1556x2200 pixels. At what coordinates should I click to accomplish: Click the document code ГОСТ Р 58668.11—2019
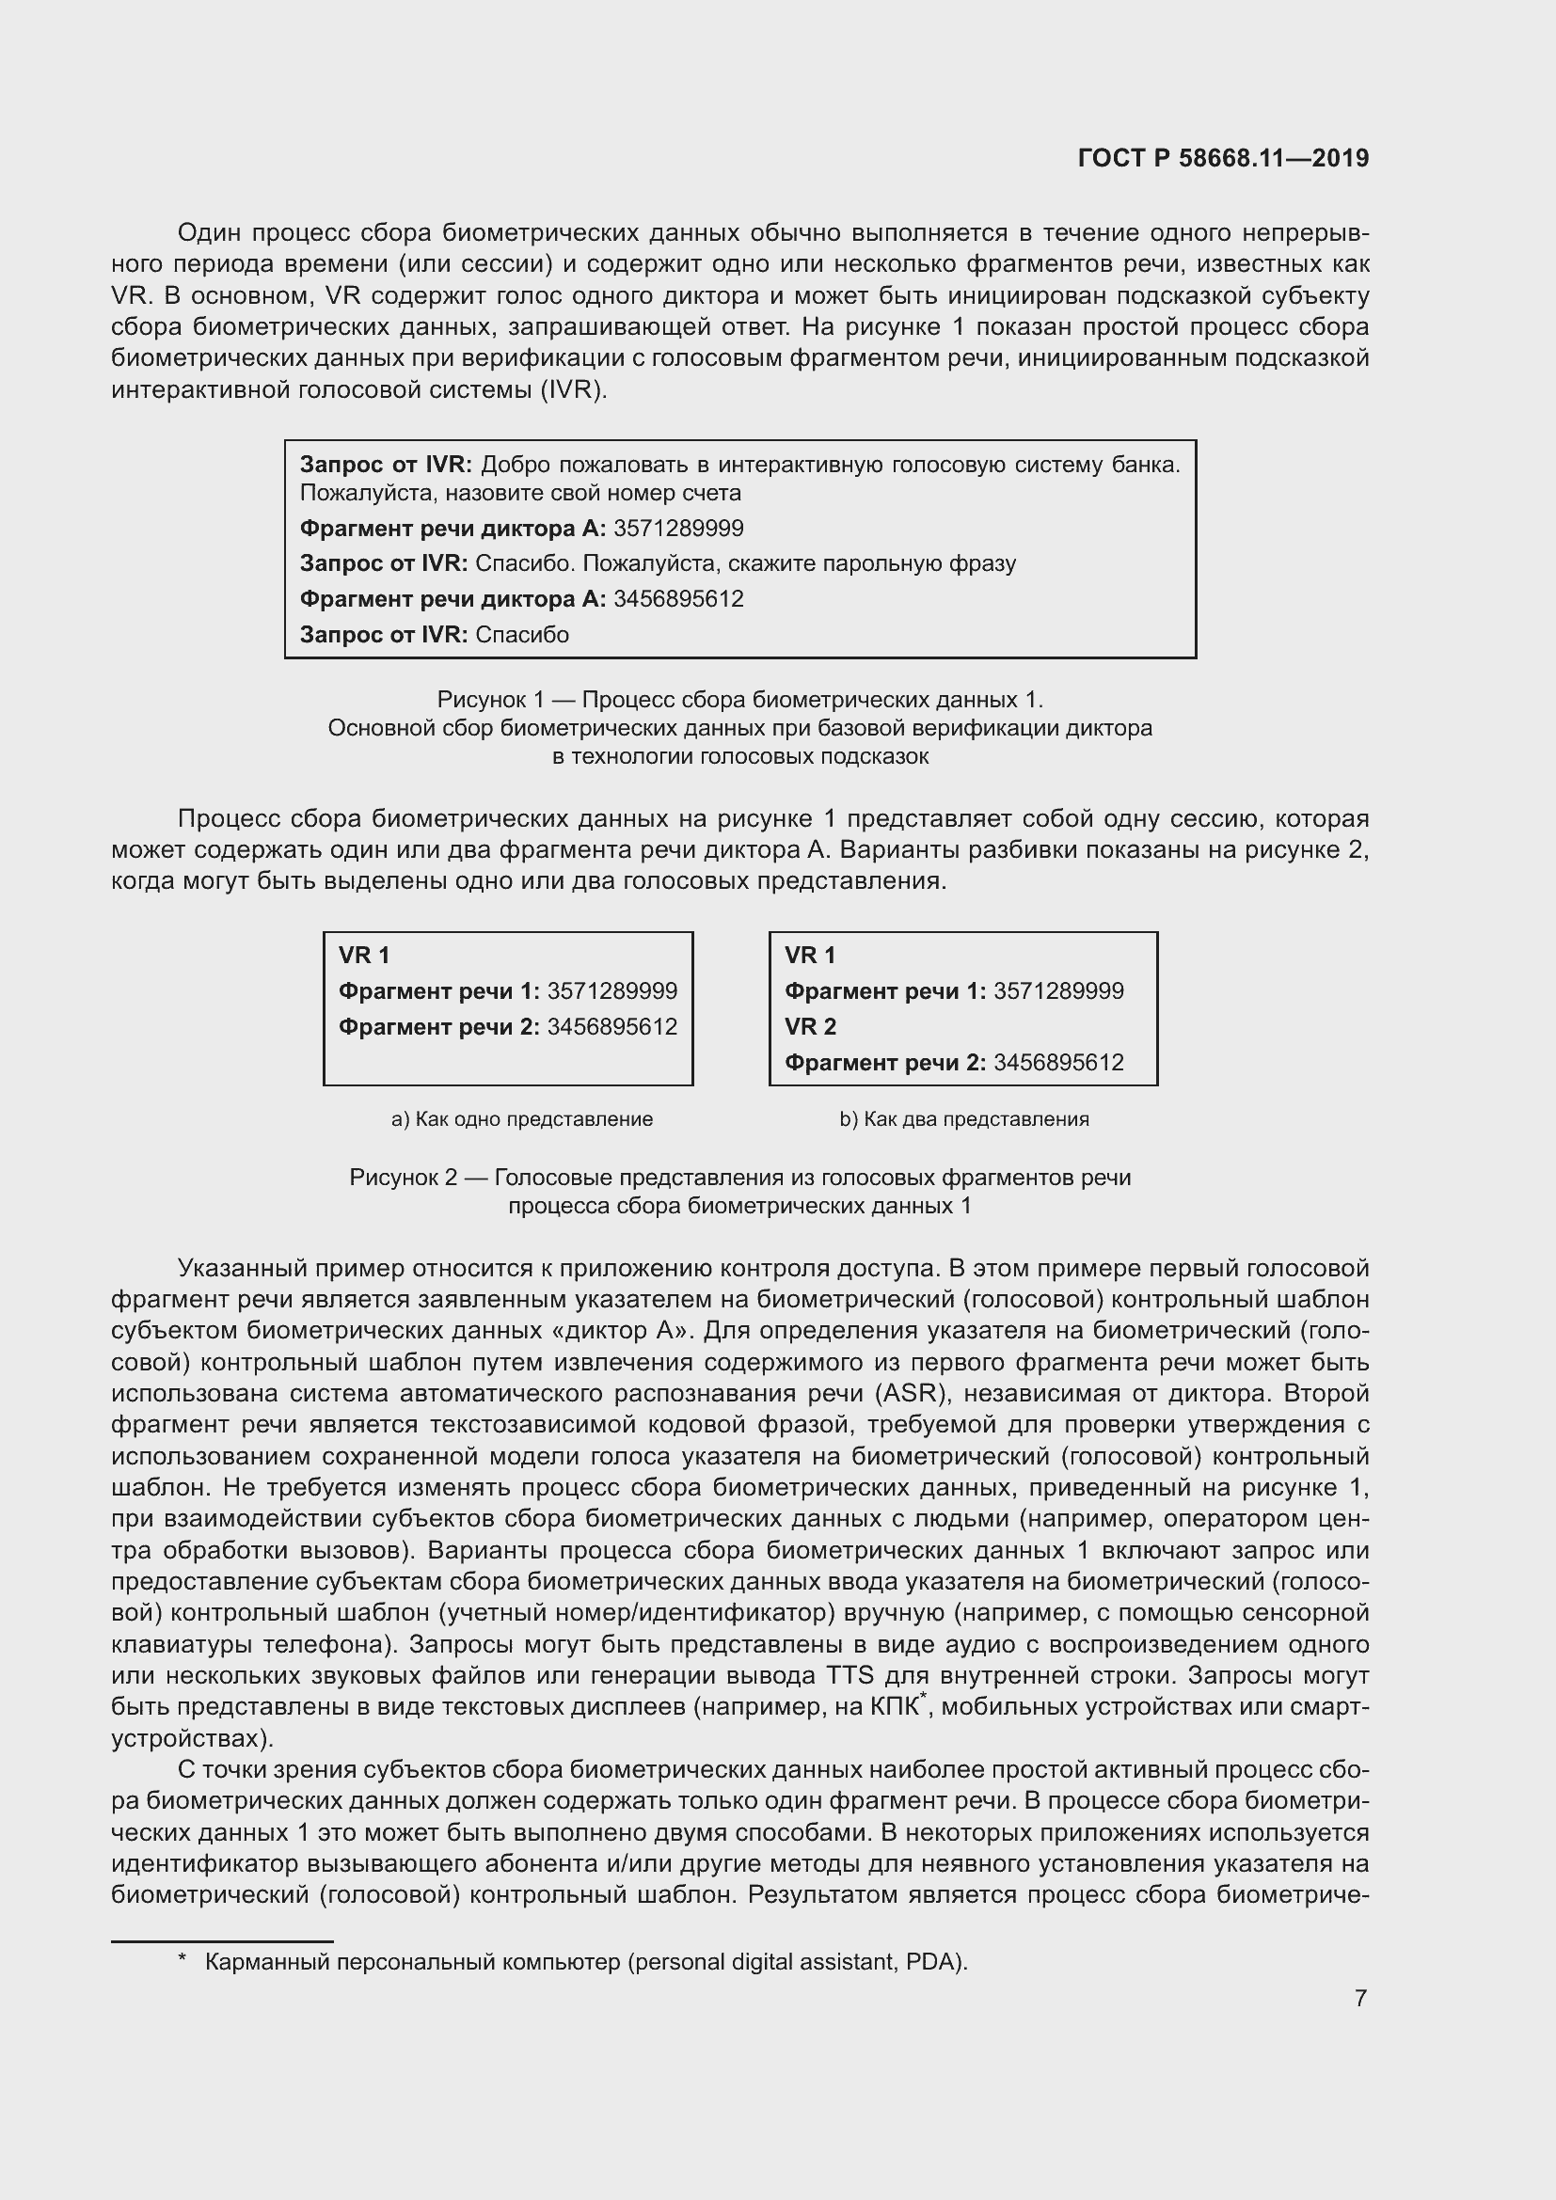click(1223, 158)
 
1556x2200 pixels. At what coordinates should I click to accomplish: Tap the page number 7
click(1360, 1998)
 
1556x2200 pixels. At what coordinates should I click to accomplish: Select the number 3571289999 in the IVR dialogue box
click(678, 529)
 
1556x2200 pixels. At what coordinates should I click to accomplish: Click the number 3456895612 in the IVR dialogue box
click(678, 600)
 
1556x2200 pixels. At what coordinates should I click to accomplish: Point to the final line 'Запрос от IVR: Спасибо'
click(434, 635)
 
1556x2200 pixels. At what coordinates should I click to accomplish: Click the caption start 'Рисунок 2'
click(403, 1178)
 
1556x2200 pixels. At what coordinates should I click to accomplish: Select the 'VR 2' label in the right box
click(810, 1027)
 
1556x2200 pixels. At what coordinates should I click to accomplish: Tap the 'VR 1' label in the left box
click(364, 956)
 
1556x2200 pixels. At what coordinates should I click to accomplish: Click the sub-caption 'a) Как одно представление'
click(522, 1119)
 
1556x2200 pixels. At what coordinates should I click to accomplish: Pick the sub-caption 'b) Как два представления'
click(964, 1119)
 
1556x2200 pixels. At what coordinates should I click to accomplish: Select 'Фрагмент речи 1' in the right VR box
click(884, 991)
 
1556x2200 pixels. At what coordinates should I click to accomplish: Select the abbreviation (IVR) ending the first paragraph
click(573, 391)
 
